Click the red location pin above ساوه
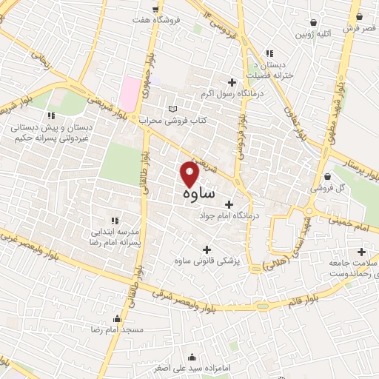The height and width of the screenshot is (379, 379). (x=190, y=174)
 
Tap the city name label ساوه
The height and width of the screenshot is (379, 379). (x=197, y=193)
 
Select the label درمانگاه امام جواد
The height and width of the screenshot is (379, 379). (x=231, y=217)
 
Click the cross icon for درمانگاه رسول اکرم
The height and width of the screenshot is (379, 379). (x=233, y=82)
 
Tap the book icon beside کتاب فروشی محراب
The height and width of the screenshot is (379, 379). (x=173, y=109)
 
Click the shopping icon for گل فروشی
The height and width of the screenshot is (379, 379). (x=328, y=177)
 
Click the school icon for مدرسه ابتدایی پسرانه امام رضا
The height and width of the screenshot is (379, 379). (x=114, y=220)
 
